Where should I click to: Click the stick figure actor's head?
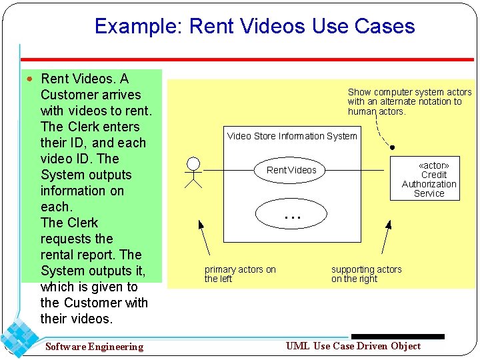click(x=193, y=163)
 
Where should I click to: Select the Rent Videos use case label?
click(x=291, y=170)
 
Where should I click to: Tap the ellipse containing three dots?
click(x=292, y=214)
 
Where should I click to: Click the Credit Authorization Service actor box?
click(x=429, y=179)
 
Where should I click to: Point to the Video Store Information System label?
click(x=292, y=136)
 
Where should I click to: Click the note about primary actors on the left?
click(x=240, y=274)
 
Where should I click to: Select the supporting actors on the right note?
click(x=366, y=274)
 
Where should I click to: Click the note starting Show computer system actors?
click(x=409, y=101)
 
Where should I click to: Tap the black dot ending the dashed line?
click(x=393, y=147)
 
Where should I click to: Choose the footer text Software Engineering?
click(x=94, y=347)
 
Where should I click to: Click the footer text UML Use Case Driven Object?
click(x=353, y=345)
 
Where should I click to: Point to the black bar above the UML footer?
click(x=397, y=337)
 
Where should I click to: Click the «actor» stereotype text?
click(x=433, y=165)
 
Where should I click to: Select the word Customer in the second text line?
click(x=65, y=95)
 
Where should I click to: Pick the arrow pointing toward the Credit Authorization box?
click(x=385, y=239)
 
